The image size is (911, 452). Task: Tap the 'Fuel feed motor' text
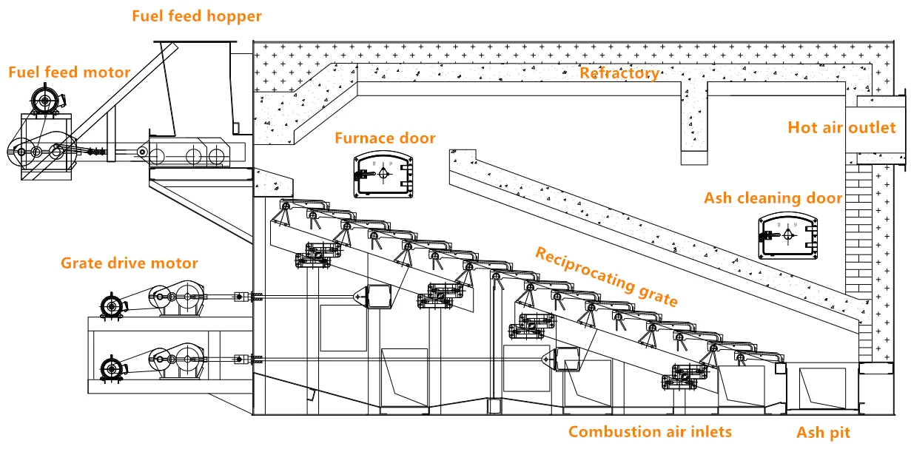[x=69, y=72]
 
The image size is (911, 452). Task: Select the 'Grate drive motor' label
[x=130, y=263]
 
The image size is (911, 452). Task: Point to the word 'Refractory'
[x=619, y=73]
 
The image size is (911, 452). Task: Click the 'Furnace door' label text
[x=385, y=138]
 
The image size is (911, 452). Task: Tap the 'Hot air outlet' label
[x=841, y=128]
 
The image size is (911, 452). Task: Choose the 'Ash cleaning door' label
[x=773, y=198]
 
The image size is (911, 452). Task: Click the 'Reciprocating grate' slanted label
[x=606, y=277]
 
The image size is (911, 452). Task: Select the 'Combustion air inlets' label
[x=650, y=432]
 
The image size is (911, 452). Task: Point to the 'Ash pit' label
[x=823, y=433]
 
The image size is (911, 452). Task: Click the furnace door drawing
[x=383, y=175]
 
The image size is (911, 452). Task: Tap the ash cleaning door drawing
[x=787, y=235]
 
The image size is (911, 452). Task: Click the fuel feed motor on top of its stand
[x=47, y=99]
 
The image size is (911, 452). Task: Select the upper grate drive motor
[x=112, y=306]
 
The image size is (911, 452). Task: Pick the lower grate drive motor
[x=112, y=369]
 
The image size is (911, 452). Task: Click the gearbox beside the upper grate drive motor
[x=178, y=297]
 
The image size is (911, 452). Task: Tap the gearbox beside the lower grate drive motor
[x=178, y=361]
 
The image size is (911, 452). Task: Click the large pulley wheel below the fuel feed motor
[x=21, y=152]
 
